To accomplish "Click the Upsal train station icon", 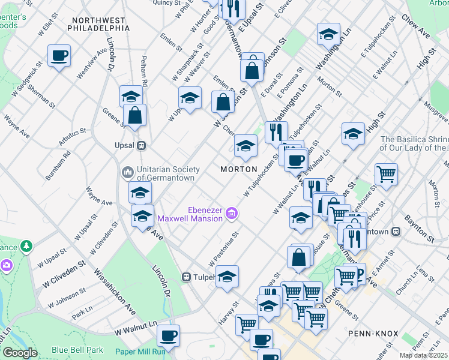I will click(142, 145).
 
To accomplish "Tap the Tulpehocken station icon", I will click(187, 277).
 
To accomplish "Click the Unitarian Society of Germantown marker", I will click(127, 173).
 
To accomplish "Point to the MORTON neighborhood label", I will click(238, 169).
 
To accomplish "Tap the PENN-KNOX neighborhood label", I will click(370, 332).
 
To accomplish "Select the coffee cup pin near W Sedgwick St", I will click(59, 56).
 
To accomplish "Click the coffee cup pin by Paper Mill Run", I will click(168, 335).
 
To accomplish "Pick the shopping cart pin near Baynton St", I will click(386, 174).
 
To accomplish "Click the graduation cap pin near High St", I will click(353, 134).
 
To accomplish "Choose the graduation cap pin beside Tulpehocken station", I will click(227, 277).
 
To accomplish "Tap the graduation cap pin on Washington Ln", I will click(328, 34).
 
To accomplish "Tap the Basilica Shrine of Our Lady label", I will click(414, 143).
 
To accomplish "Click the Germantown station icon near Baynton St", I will click(396, 232).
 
